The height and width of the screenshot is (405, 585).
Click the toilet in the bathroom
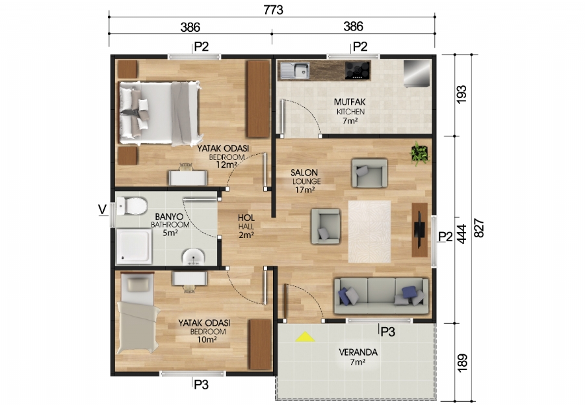click(133, 207)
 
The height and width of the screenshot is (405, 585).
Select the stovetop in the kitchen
click(357, 69)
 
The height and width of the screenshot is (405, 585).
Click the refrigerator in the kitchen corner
click(417, 73)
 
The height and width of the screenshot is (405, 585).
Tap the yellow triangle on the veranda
click(304, 337)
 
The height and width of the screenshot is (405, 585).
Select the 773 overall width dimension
click(272, 10)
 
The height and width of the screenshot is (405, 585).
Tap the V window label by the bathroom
click(102, 209)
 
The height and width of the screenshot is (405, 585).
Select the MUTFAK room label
click(350, 103)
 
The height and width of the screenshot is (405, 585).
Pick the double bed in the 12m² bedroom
click(160, 112)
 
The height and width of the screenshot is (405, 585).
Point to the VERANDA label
click(357, 352)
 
